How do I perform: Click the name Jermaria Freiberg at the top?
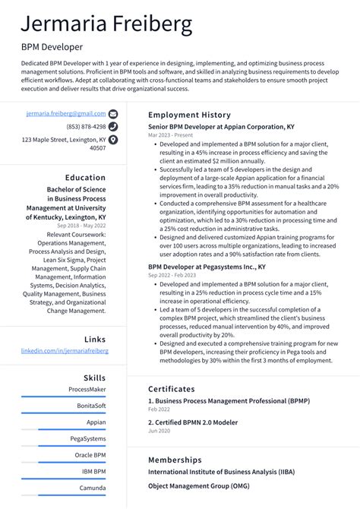tap(106, 24)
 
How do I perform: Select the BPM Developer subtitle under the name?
tap(52, 47)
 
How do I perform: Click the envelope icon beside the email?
tap(113, 113)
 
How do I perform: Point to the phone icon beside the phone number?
tap(113, 127)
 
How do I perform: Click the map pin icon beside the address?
tap(113, 141)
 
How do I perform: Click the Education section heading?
tap(85, 178)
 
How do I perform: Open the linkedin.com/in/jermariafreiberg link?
tap(65, 351)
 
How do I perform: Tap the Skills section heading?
tap(95, 378)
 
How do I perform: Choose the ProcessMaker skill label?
tap(87, 389)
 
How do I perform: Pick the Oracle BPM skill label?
tap(90, 455)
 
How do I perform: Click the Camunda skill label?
tap(93, 488)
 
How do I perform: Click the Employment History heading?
tap(189, 115)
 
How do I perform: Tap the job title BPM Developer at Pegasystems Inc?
tap(207, 267)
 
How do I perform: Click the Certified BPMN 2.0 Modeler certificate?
tap(194, 422)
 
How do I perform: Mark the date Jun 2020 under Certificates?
tap(159, 431)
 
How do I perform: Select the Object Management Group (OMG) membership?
tap(199, 485)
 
